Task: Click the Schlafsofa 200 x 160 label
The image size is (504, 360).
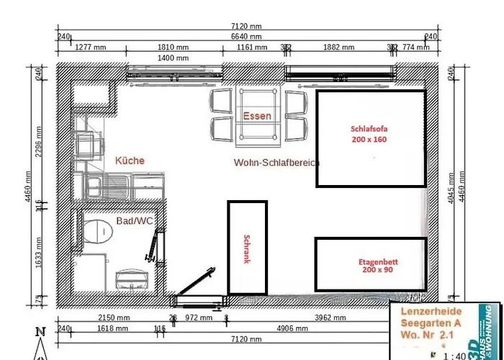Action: click(x=369, y=135)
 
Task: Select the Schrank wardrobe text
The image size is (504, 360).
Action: click(x=246, y=249)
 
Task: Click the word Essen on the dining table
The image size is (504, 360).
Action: click(x=257, y=116)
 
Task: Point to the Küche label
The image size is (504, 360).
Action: click(x=130, y=161)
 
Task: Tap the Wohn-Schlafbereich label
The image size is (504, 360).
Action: click(x=276, y=163)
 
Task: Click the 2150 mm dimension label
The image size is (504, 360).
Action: click(x=114, y=318)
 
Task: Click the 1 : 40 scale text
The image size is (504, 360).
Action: click(x=454, y=355)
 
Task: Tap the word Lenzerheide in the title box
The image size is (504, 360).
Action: click(x=431, y=310)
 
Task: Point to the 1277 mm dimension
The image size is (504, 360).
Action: click(x=91, y=48)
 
